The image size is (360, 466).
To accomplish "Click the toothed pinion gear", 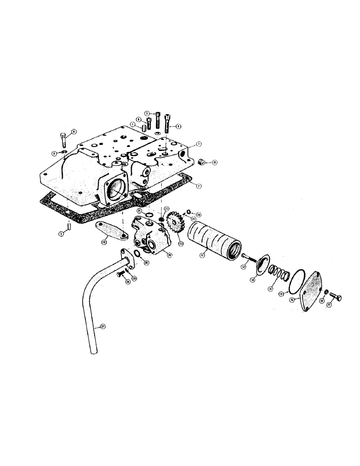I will tap(173, 223).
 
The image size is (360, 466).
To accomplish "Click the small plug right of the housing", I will tap(202, 162).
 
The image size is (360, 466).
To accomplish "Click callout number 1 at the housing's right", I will tap(198, 144).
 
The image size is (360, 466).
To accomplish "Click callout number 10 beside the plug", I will tap(215, 163).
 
